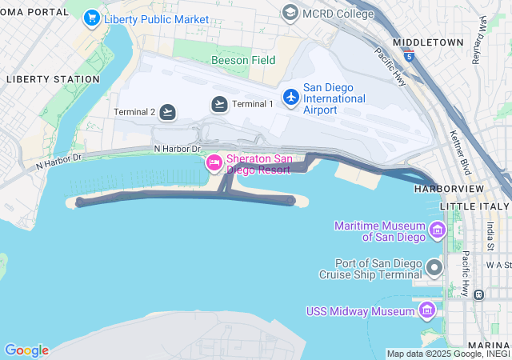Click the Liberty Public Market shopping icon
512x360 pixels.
point(92,17)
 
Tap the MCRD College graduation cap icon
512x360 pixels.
point(290,12)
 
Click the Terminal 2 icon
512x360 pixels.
point(167,112)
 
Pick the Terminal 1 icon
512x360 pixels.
point(220,104)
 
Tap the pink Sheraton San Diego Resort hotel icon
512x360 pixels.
point(214,163)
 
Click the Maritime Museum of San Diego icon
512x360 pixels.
point(438,231)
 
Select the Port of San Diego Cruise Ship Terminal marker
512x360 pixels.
point(434,267)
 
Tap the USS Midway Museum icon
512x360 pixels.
point(427,310)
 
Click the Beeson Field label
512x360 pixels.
point(243,60)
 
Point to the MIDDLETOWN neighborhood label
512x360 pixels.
point(428,42)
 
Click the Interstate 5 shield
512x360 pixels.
point(410,57)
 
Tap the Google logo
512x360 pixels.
point(26,350)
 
